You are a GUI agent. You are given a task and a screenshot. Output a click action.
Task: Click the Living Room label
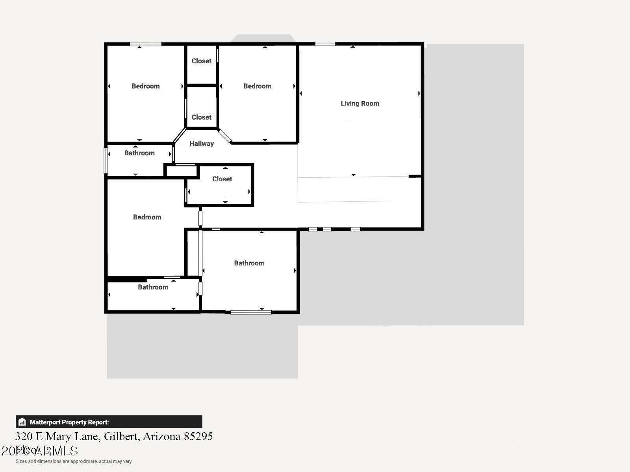(360, 103)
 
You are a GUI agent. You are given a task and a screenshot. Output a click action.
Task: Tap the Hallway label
(201, 144)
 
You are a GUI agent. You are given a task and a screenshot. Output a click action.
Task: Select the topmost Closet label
(201, 61)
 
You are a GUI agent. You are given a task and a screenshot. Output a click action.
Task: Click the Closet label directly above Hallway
(201, 117)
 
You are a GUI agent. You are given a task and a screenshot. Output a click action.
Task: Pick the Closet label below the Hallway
(222, 179)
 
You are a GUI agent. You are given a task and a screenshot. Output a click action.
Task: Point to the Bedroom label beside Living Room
(257, 86)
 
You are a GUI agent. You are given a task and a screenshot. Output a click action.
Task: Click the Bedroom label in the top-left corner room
(145, 86)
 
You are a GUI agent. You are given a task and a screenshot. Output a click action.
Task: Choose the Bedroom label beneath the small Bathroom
(147, 217)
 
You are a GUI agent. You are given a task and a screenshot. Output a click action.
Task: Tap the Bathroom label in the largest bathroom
(249, 263)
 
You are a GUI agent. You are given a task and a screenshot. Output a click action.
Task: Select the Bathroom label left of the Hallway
(139, 153)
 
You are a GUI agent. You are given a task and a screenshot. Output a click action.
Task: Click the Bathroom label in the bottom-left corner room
(153, 287)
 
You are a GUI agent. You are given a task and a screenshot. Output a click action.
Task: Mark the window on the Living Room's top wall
(325, 44)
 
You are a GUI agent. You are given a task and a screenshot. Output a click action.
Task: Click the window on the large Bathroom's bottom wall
(251, 312)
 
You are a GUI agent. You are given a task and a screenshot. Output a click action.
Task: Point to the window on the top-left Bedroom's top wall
(146, 44)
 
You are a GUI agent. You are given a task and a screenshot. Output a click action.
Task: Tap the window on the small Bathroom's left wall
(106, 160)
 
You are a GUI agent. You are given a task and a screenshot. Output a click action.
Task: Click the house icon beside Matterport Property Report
(22, 422)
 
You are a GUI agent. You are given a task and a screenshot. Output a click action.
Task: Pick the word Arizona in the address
(161, 436)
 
